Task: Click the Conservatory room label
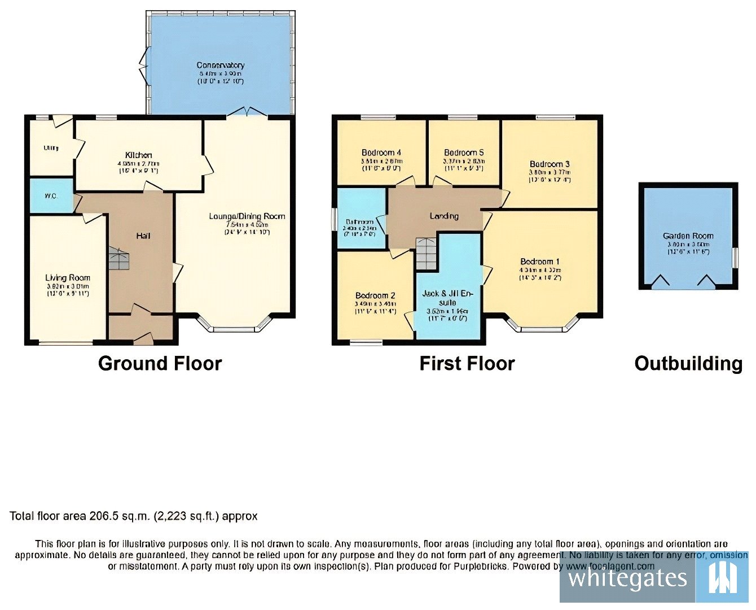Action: click(220, 66)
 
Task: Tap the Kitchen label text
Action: click(138, 155)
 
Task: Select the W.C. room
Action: click(51, 196)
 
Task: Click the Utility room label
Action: click(51, 148)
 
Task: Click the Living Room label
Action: click(68, 278)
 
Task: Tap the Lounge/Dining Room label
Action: click(247, 216)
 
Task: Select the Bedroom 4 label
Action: click(381, 152)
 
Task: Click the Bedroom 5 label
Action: click(464, 152)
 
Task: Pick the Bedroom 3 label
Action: click(550, 164)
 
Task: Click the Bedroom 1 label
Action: click(540, 262)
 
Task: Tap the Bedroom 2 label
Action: click(375, 295)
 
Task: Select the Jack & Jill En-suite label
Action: click(449, 298)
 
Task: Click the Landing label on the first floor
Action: click(444, 216)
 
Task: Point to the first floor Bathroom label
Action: click(360, 222)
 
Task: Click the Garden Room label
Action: click(688, 236)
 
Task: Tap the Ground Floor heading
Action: click(160, 363)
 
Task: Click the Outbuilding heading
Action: click(688, 363)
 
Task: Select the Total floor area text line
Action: click(134, 516)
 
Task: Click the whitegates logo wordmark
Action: click(627, 578)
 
